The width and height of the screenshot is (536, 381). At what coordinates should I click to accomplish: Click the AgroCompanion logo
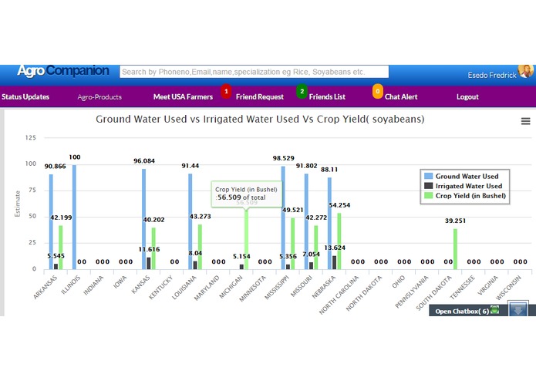63,71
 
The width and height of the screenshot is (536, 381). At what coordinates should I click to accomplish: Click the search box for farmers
255,72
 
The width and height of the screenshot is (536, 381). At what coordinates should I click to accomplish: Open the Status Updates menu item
25,97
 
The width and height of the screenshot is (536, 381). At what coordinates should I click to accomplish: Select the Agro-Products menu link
99,97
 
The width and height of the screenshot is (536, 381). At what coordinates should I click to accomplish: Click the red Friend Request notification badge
226,92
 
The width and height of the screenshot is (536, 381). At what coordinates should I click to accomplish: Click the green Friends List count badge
302,92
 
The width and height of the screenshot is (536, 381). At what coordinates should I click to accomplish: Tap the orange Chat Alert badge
377,92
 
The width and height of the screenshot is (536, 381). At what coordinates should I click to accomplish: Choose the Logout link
467,97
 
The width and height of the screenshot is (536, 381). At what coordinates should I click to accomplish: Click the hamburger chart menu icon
526,121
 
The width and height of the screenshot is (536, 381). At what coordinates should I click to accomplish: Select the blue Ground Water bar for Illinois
75,216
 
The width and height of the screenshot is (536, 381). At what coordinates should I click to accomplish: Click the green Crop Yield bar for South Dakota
455,248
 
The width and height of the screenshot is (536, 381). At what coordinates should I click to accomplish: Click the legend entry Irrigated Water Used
467,186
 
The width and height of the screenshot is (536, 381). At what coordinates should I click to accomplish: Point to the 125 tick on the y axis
31,138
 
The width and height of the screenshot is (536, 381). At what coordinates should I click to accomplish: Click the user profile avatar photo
526,71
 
